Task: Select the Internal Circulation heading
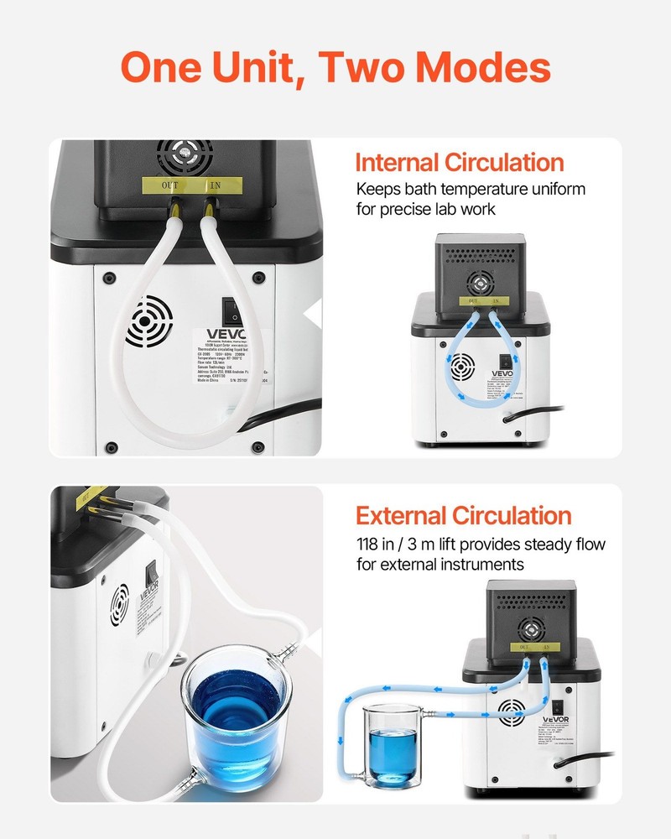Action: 459,162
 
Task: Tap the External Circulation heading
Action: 463,515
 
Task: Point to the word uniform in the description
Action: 556,188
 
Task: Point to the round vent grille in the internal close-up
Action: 149,320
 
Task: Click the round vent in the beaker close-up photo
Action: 118,606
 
